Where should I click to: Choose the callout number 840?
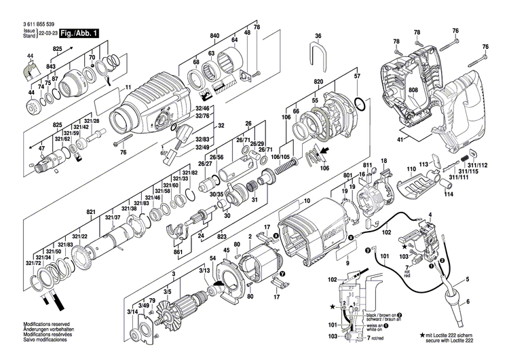click(215, 35)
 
